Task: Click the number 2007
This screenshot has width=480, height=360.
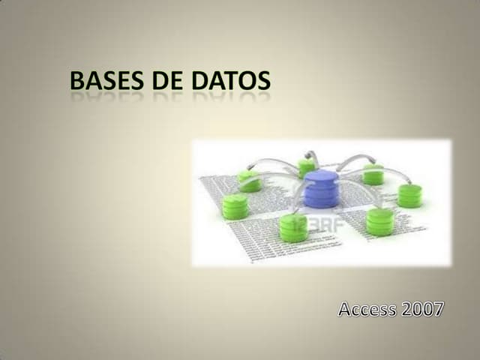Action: [x=421, y=308]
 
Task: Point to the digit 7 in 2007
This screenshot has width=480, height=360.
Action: [x=438, y=308]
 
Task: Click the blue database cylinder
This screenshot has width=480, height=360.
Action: [x=321, y=189]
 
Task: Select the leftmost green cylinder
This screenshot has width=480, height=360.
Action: [x=235, y=205]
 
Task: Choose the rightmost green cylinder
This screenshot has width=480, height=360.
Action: [x=409, y=195]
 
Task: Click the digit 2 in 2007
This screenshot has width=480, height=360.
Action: [x=405, y=308]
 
